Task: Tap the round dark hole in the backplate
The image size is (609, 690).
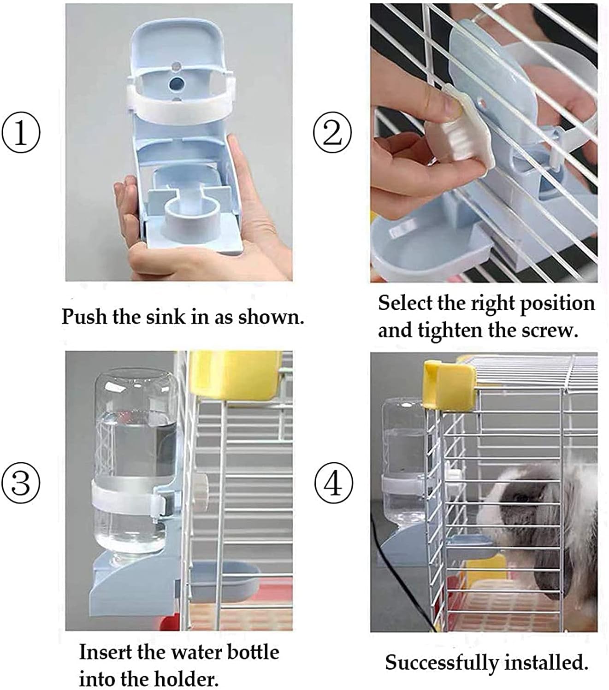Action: tap(176, 84)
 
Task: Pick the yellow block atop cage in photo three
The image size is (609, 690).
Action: tap(235, 373)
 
